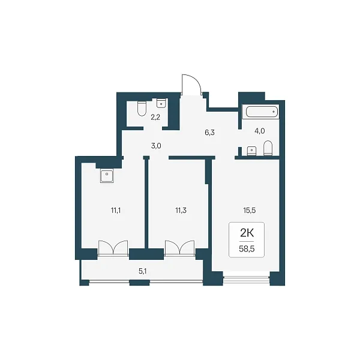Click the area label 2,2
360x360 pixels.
[x=155, y=118]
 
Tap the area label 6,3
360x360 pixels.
[x=209, y=133]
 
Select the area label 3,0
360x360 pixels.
[x=156, y=146]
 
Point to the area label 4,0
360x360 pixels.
[x=260, y=131]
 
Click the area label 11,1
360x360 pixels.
[x=116, y=211]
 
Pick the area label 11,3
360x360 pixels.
[x=181, y=211]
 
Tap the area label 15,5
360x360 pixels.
[x=250, y=211]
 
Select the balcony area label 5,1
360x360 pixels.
[x=143, y=271]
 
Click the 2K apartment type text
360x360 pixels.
[x=247, y=233]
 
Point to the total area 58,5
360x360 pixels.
[x=247, y=249]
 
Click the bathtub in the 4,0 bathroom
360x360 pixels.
[x=262, y=112]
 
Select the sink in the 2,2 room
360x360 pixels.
[x=161, y=103]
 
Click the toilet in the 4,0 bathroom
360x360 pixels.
[x=268, y=148]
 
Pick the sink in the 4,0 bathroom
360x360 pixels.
[x=251, y=151]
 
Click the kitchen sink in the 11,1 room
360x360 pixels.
[x=107, y=176]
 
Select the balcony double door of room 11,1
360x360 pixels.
[x=113, y=248]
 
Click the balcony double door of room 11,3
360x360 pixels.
[x=180, y=248]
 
